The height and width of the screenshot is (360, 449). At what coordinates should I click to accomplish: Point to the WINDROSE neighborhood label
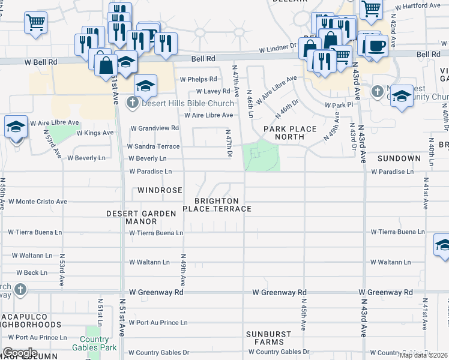(x=159, y=190)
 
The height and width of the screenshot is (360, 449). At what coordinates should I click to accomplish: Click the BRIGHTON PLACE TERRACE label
(x=216, y=205)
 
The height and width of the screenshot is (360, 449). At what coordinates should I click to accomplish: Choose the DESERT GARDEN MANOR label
(x=140, y=217)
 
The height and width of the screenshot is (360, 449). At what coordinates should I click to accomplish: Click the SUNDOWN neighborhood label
(x=399, y=158)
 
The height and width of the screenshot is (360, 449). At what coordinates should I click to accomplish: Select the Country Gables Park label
(x=93, y=343)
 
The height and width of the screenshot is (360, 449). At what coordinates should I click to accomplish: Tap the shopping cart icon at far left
(x=35, y=23)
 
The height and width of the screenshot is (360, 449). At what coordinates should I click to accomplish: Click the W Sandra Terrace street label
(x=153, y=146)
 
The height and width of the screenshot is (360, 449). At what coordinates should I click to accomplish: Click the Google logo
(x=20, y=353)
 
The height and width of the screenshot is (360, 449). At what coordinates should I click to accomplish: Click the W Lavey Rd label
(x=208, y=91)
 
